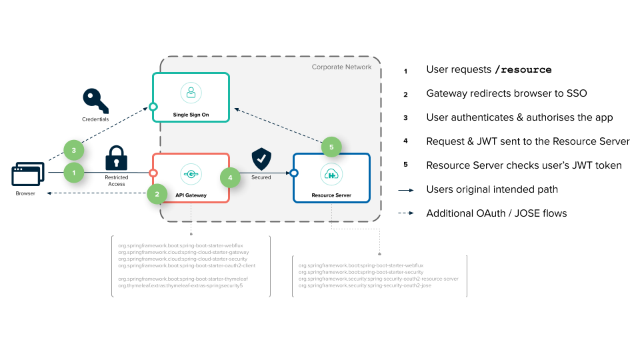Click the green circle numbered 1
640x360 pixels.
coord(74,173)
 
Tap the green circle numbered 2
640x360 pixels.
coord(157,194)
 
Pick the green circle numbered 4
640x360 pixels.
coord(231,178)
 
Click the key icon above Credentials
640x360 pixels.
coord(95,101)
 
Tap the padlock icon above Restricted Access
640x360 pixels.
coord(117,158)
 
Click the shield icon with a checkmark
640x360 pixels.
coord(261,160)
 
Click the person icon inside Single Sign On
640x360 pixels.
coord(191,93)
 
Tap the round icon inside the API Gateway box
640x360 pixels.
coord(191,175)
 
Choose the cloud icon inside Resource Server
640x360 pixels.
coord(331,175)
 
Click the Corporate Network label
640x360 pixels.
coord(341,67)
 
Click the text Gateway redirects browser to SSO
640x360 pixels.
coord(507,93)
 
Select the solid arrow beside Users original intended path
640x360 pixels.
coord(406,190)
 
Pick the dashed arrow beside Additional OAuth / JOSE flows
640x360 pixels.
coord(406,214)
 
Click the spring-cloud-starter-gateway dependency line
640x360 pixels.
coord(183,253)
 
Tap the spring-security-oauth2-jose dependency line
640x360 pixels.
coord(365,285)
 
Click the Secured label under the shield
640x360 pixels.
coord(261,178)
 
